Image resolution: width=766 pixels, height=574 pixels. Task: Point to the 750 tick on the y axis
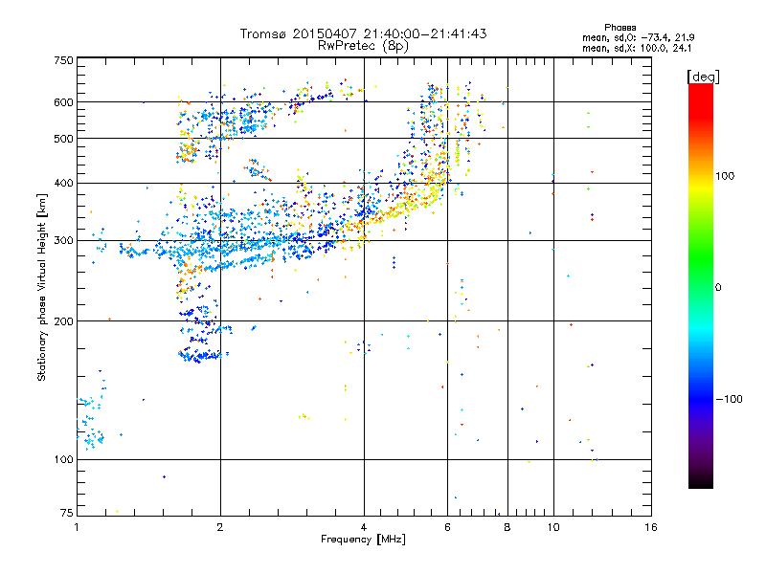[x=64, y=60]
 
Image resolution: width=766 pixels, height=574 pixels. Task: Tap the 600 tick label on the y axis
[x=64, y=102]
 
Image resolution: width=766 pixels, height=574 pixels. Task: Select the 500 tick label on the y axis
[x=64, y=139]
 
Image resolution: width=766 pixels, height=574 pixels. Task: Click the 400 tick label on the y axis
[x=64, y=183]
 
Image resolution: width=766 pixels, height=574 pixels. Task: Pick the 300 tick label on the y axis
[x=64, y=240]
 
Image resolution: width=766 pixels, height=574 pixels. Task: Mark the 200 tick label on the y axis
[x=64, y=321]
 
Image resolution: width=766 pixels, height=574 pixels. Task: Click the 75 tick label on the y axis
[x=67, y=515]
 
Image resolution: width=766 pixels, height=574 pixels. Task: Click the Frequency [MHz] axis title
[x=363, y=540]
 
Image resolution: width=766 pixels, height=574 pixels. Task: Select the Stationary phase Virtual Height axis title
[x=42, y=287]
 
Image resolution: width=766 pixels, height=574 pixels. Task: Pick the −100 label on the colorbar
[x=728, y=399]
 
